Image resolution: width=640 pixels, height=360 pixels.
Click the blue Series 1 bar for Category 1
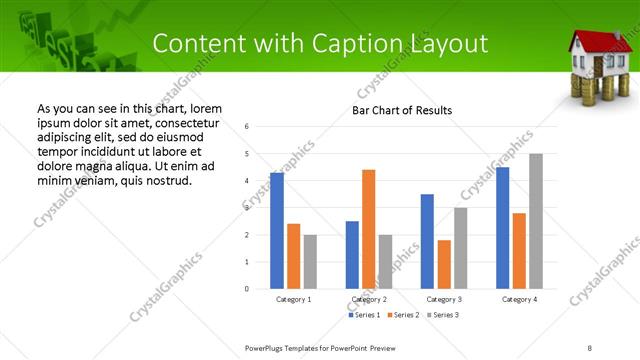(277, 231)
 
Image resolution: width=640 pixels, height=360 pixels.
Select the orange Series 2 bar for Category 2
(368, 229)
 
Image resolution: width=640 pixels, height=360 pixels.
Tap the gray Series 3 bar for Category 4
(536, 221)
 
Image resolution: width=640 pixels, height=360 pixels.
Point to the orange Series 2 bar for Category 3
(444, 264)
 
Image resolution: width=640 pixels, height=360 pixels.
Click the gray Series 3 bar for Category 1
(310, 261)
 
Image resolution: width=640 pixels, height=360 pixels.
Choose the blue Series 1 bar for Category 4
(503, 228)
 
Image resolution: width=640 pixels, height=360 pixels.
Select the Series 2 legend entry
(402, 315)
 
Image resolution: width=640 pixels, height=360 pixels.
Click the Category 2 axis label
(368, 299)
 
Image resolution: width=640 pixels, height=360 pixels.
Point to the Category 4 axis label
(519, 299)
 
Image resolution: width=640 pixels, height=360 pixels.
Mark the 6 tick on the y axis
(247, 126)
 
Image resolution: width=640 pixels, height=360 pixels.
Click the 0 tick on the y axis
(247, 289)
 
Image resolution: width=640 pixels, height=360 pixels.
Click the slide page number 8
(590, 348)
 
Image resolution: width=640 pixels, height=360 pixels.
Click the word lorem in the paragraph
(205, 108)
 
